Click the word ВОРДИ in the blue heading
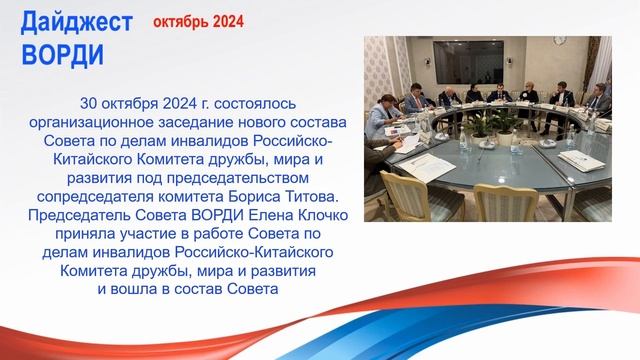(x=61, y=54)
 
